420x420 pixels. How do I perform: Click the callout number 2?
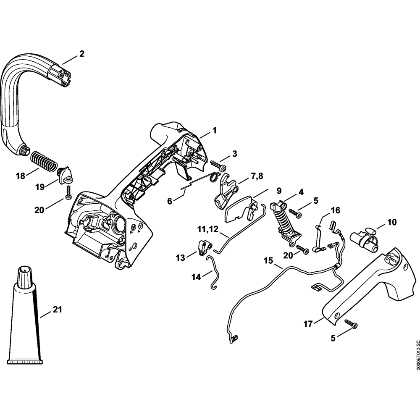(x=81, y=54)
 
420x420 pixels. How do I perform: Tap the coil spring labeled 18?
(x=43, y=162)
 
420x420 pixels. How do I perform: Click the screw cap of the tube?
(x=24, y=275)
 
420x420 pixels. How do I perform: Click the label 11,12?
(x=207, y=229)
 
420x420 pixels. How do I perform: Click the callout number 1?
(x=214, y=131)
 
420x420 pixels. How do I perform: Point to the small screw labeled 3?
(x=217, y=162)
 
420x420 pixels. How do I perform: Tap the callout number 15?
(x=268, y=260)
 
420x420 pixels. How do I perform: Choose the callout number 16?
(x=335, y=210)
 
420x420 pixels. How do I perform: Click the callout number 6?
(x=170, y=201)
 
